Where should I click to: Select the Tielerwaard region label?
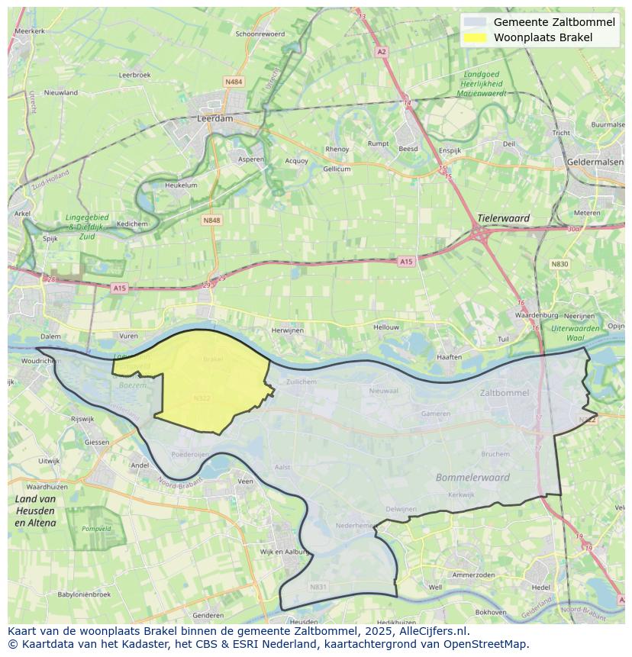[503, 218]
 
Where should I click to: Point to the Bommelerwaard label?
[472, 478]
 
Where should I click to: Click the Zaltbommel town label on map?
[505, 393]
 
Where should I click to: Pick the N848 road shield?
[211, 221]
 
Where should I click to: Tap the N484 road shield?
[234, 82]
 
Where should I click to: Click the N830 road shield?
[560, 264]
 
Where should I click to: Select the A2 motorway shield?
[382, 52]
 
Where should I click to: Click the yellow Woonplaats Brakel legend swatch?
[474, 37]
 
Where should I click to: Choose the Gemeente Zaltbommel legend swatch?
[474, 22]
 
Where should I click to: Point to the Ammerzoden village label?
[474, 575]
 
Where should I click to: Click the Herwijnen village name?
[288, 330]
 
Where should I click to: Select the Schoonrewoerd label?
[260, 34]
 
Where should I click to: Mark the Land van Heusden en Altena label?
[35, 510]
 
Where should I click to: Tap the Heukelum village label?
[181, 185]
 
